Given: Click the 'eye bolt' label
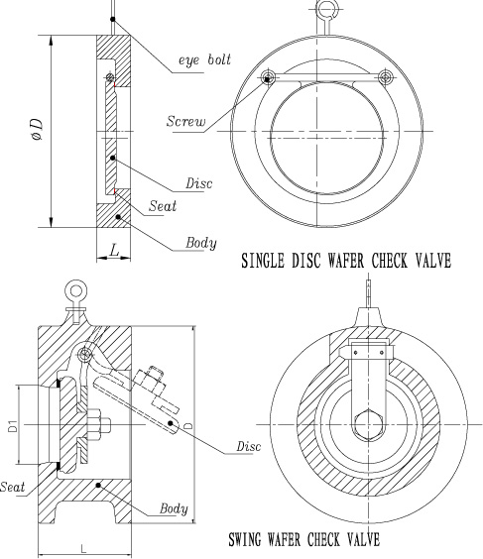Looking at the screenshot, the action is click(204, 59).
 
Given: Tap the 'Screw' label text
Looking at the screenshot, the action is click(186, 121).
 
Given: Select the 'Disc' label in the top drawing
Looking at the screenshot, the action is click(198, 183).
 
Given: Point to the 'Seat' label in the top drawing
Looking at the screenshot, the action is click(163, 206).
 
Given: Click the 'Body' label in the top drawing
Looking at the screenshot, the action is click(201, 243).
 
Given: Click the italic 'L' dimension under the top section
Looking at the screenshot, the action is click(114, 250).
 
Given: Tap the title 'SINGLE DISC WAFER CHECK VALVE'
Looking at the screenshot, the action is click(346, 261).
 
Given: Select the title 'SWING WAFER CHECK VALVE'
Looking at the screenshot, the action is click(303, 539).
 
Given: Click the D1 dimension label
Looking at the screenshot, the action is click(13, 425).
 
